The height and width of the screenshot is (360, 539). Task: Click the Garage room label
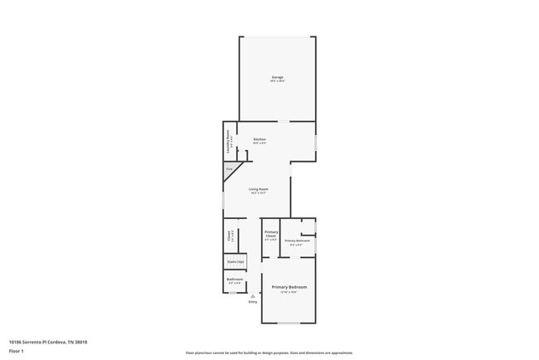[277, 76]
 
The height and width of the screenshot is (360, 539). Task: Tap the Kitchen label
[259, 139]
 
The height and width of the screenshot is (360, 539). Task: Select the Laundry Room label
[228, 141]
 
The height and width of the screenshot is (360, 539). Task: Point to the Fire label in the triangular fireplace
[229, 169]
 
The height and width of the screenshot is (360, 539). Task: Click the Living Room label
[259, 189]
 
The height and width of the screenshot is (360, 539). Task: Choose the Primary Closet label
[270, 235]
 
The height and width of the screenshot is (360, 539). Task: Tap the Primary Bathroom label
[298, 241]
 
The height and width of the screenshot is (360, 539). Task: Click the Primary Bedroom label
[289, 287]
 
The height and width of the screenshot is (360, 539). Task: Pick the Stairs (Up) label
[235, 262]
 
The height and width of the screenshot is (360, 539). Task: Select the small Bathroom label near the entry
[235, 280]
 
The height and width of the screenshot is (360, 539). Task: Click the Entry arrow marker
[253, 294]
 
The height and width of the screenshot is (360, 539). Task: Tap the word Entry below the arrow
[253, 301]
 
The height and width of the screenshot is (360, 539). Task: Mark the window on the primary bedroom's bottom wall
[289, 323]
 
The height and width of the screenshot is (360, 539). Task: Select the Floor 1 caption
[17, 351]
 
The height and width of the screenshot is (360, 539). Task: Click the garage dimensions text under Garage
[277, 81]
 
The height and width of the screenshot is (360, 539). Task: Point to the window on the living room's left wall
[222, 201]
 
